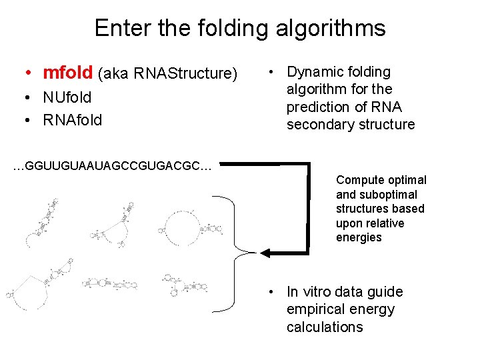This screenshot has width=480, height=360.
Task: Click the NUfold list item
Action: coord(67,97)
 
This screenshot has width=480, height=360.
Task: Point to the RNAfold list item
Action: coord(72,120)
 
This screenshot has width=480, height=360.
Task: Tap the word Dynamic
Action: coord(315,72)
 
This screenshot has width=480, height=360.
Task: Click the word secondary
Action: coord(317,125)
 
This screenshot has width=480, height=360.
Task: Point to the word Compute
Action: coord(360,180)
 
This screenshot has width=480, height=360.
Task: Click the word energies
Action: coord(359,238)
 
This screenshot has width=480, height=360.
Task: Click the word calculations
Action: coord(325,327)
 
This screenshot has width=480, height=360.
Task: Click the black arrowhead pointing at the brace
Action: coord(265,253)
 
